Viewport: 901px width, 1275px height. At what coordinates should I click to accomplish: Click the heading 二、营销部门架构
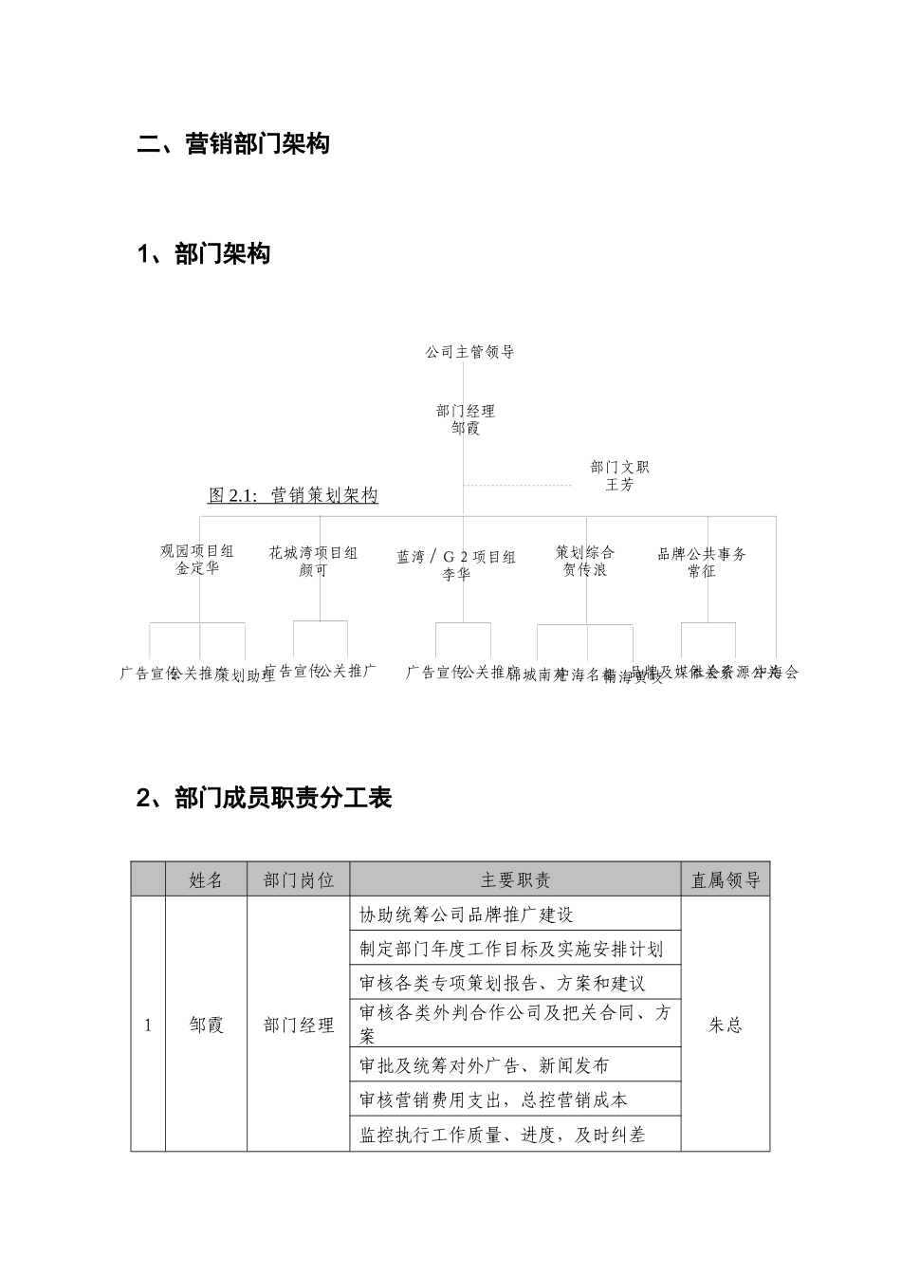pyautogui.click(x=233, y=145)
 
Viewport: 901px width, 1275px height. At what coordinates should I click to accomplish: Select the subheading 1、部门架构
pyautogui.click(x=204, y=254)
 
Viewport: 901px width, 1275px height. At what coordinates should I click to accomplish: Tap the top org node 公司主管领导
pyautogui.click(x=469, y=352)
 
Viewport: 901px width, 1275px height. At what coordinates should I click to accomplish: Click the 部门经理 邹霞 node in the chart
pyautogui.click(x=466, y=419)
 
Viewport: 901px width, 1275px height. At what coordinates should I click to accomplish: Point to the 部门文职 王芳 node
pyautogui.click(x=619, y=475)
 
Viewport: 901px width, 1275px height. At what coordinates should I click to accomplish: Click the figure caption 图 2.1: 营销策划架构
pyautogui.click(x=293, y=495)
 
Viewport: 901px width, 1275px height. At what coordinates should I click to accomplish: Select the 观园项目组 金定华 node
pyautogui.click(x=197, y=560)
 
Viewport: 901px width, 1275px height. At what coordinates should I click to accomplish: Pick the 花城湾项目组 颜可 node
pyautogui.click(x=313, y=562)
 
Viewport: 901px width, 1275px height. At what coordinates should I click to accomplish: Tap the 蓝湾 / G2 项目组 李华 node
pyautogui.click(x=456, y=565)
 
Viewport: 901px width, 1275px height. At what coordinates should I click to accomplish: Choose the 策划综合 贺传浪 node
pyautogui.click(x=585, y=561)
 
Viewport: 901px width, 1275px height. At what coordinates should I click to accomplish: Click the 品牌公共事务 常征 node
pyautogui.click(x=702, y=562)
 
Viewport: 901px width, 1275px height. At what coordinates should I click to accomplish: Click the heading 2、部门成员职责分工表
pyautogui.click(x=265, y=798)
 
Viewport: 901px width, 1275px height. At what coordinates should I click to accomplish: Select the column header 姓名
pyautogui.click(x=206, y=880)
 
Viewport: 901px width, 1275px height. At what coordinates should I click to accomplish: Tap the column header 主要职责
pyautogui.click(x=515, y=880)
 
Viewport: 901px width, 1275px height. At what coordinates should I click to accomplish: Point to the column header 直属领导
pyautogui.click(x=726, y=880)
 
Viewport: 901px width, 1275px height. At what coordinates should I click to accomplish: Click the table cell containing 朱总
pyautogui.click(x=726, y=1025)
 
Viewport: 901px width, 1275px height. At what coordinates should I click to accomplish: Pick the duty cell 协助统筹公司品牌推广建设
pyautogui.click(x=467, y=915)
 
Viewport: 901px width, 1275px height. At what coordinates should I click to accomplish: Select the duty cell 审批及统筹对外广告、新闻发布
pyautogui.click(x=485, y=1065)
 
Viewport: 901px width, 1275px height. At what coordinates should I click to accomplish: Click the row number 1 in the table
pyautogui.click(x=148, y=1025)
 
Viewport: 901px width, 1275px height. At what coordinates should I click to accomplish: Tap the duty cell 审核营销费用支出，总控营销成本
pyautogui.click(x=494, y=1099)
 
